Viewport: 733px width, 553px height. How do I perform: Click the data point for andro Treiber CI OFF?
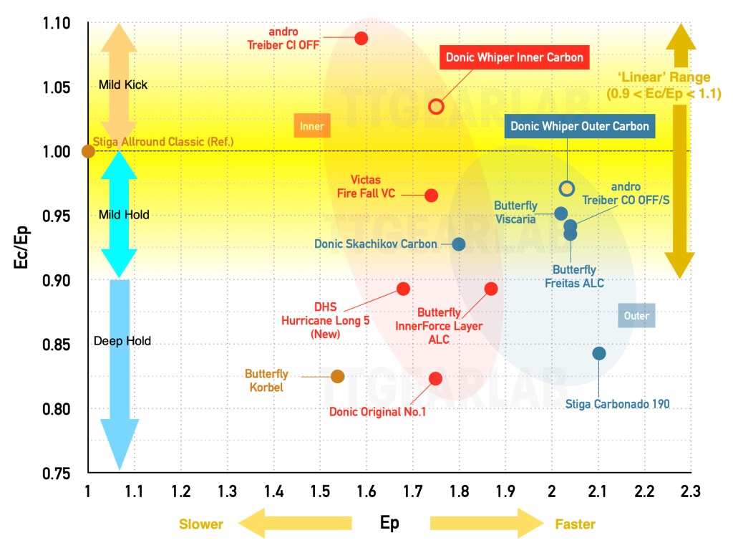361,38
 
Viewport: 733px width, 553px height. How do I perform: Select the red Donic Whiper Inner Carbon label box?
515,57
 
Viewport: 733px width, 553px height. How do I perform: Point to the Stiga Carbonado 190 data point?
599,353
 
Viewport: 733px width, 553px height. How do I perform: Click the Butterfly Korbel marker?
338,376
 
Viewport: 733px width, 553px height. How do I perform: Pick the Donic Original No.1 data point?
435,378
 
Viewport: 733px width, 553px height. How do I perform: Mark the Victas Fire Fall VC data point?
431,195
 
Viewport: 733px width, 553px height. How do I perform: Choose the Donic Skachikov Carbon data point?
459,244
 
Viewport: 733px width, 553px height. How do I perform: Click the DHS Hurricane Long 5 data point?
403,289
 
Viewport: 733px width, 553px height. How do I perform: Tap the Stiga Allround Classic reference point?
88,151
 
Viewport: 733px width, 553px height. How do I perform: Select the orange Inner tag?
311,126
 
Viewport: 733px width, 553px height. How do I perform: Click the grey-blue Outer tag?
636,315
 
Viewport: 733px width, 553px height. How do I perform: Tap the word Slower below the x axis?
201,524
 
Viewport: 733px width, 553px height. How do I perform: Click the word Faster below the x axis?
575,524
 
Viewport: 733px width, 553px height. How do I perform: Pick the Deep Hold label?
122,341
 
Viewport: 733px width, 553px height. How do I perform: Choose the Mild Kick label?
123,85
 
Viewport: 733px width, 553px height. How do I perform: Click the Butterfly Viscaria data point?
561,213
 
